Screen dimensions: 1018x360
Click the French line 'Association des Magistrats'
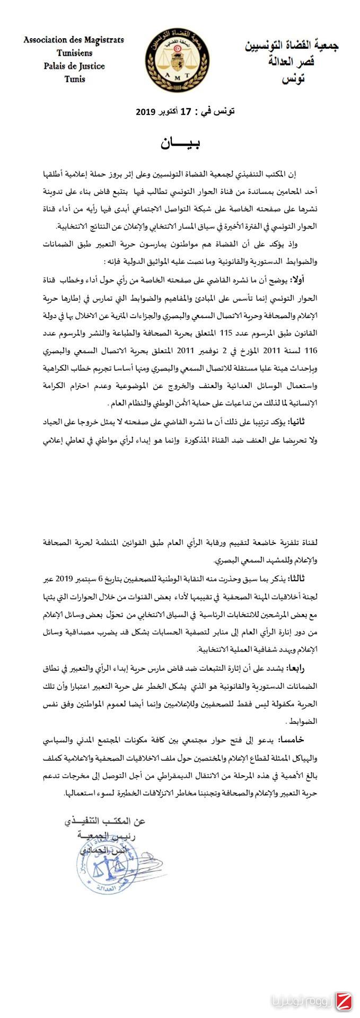point(74,40)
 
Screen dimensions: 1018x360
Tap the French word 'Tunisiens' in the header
point(74,53)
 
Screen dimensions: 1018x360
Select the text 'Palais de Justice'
point(74,66)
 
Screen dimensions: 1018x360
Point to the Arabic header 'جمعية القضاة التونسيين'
point(292,46)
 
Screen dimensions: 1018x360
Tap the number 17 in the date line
point(185,112)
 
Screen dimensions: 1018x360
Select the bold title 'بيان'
point(180,144)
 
